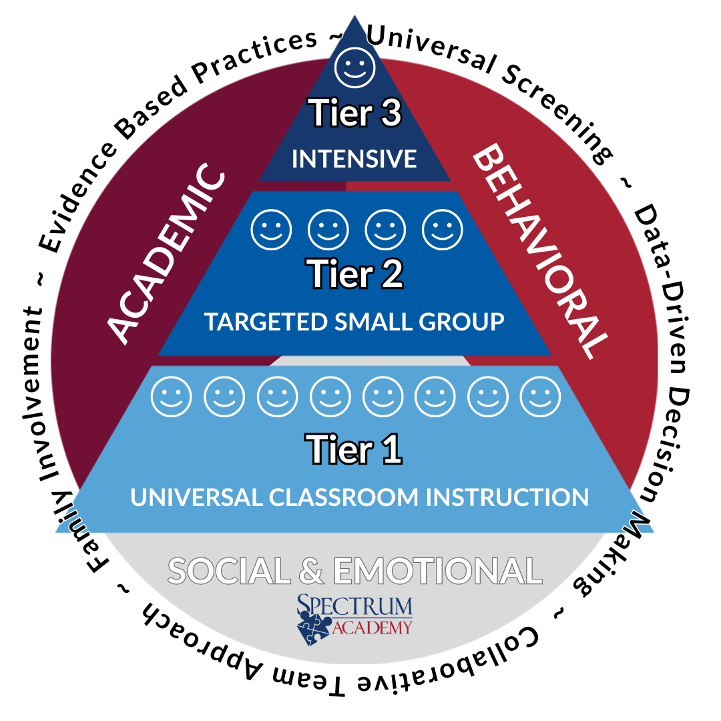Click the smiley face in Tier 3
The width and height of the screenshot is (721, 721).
tap(354, 67)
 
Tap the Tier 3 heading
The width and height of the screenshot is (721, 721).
tap(354, 114)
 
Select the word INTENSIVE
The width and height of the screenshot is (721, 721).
tap(354, 159)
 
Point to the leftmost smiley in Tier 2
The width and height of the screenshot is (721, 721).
tap(270, 230)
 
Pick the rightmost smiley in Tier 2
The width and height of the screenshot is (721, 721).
tap(443, 230)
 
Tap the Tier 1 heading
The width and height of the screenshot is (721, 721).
tap(354, 449)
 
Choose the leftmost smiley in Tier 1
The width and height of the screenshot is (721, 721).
tap(172, 397)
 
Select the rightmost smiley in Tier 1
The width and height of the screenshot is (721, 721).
tap(540, 397)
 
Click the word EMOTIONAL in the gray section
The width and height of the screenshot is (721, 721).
tap(437, 571)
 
